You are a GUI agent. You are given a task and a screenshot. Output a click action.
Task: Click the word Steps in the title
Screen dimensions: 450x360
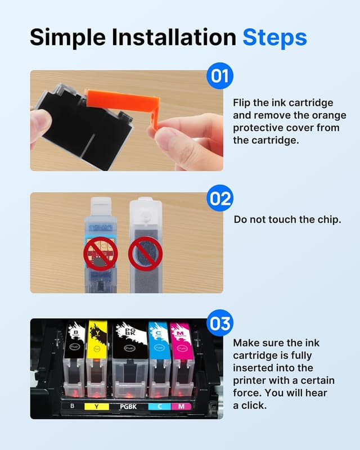click(274, 37)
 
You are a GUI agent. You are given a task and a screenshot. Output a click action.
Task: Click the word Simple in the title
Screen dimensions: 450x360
click(66, 37)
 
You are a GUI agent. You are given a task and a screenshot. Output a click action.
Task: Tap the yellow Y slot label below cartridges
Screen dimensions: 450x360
click(97, 405)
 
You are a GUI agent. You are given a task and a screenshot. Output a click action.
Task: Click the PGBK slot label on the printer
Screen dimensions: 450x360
click(128, 405)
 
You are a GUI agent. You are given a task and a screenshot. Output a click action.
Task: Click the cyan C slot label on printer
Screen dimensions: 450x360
click(159, 405)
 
